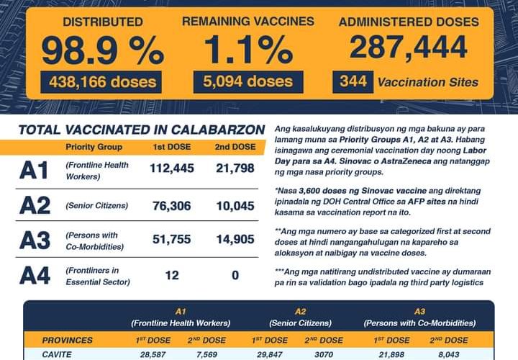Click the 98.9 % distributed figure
click(x=101, y=50)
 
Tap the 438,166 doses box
click(x=101, y=82)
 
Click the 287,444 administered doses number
click(x=408, y=48)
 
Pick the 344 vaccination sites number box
click(x=353, y=82)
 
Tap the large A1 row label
click(x=35, y=171)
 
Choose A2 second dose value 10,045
click(x=236, y=206)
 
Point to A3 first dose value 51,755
click(x=170, y=240)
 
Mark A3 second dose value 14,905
click(x=236, y=240)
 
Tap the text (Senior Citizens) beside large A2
click(x=96, y=206)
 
